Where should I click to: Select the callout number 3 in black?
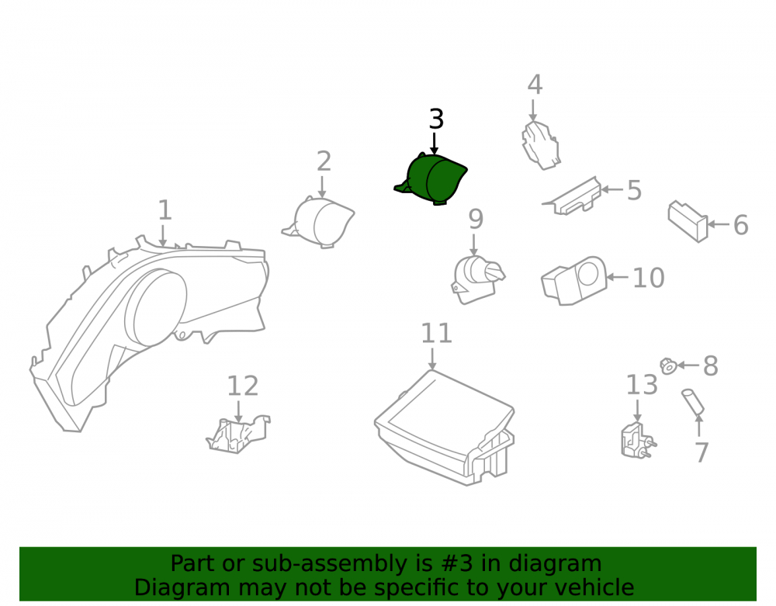(436, 119)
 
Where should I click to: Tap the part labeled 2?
(320, 222)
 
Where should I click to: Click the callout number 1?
(165, 210)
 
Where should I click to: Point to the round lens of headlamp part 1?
(156, 307)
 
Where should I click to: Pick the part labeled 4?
(540, 145)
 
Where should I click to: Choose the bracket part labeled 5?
(573, 197)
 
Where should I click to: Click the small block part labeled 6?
(688, 221)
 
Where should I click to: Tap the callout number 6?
(740, 225)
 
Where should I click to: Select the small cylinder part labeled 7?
(693, 401)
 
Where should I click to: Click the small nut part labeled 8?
(669, 366)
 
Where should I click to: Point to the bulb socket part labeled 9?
(477, 279)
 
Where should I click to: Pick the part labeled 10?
(573, 281)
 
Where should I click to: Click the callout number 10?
(648, 278)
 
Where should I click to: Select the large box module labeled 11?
(445, 428)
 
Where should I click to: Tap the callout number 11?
(436, 334)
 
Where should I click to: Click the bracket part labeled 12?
(238, 435)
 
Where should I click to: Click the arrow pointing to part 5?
(612, 189)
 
